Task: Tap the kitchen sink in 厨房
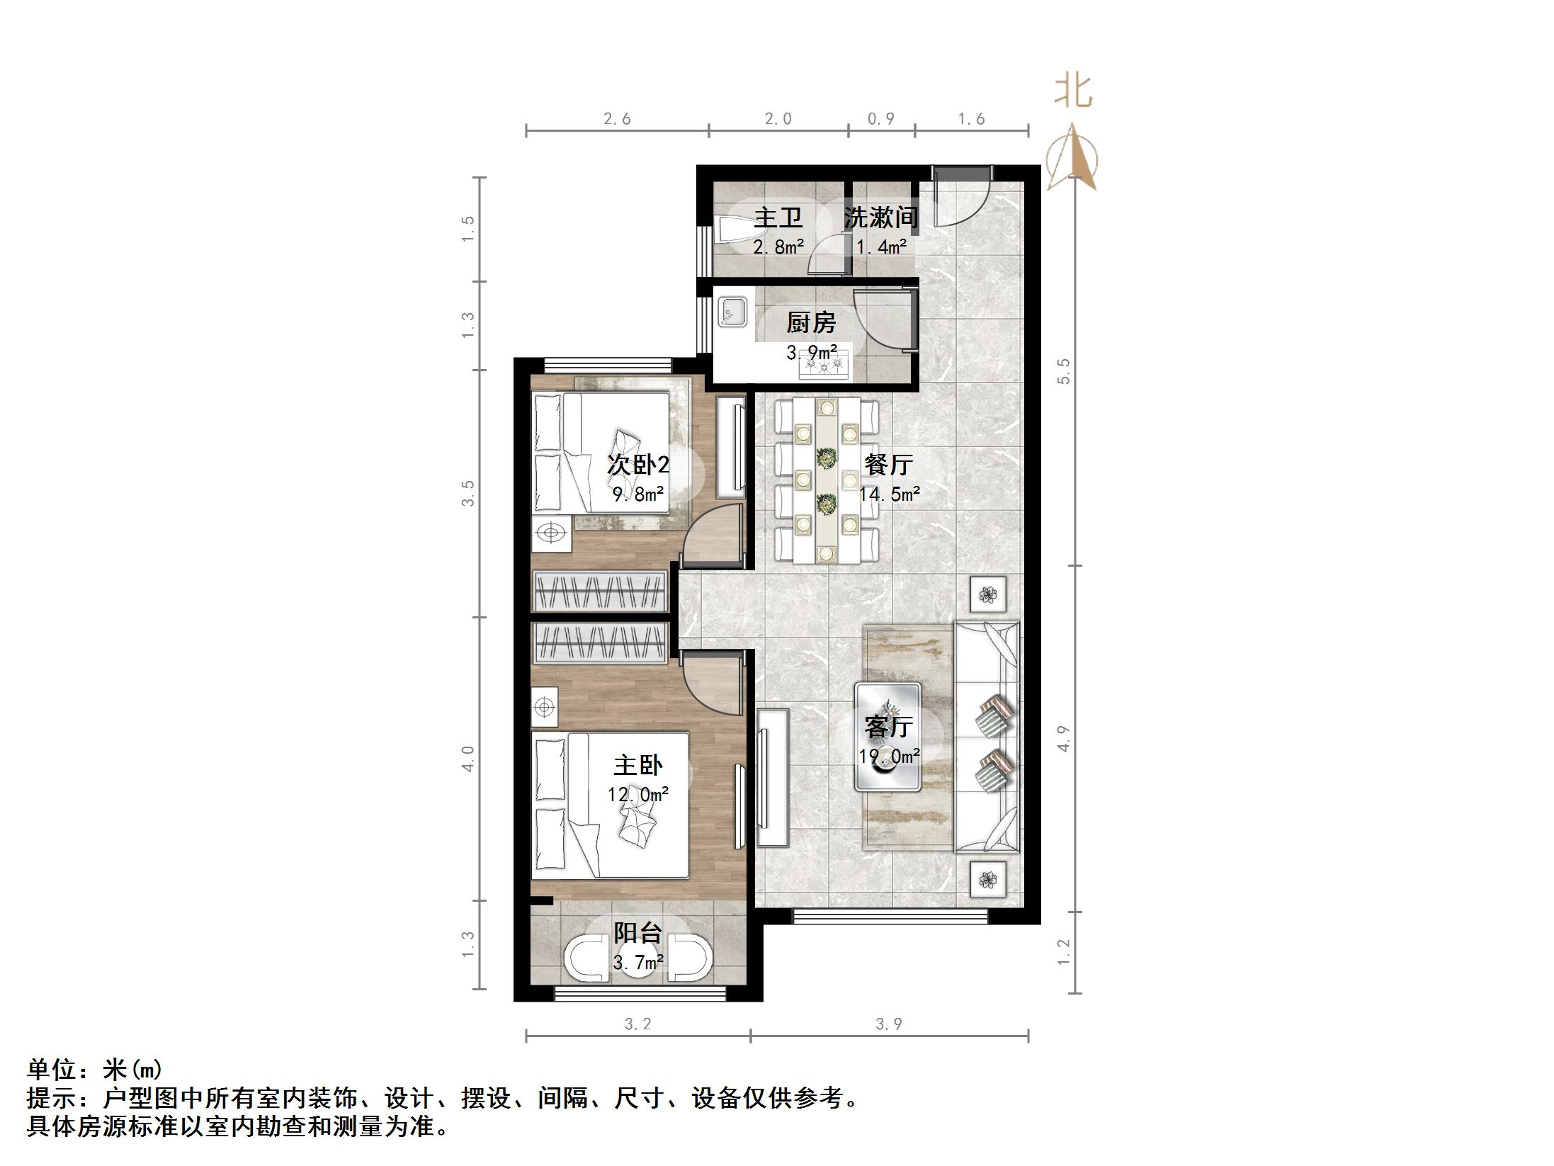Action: (x=732, y=312)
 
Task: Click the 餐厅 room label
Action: (x=888, y=465)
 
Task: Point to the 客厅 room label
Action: (x=888, y=727)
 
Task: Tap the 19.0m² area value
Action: (x=889, y=757)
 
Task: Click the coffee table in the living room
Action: (x=888, y=737)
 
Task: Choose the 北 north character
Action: (x=1073, y=92)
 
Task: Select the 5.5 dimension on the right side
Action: (x=1063, y=371)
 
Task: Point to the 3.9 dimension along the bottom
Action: (x=889, y=1024)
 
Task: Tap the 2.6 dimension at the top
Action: (x=617, y=119)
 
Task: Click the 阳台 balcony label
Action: (x=637, y=933)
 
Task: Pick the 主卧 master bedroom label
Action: (x=637, y=765)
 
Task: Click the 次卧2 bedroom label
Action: (x=637, y=465)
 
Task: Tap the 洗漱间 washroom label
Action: (x=880, y=217)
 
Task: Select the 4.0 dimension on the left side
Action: (x=467, y=758)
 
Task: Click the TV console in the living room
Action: (x=773, y=778)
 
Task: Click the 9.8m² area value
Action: (x=637, y=494)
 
